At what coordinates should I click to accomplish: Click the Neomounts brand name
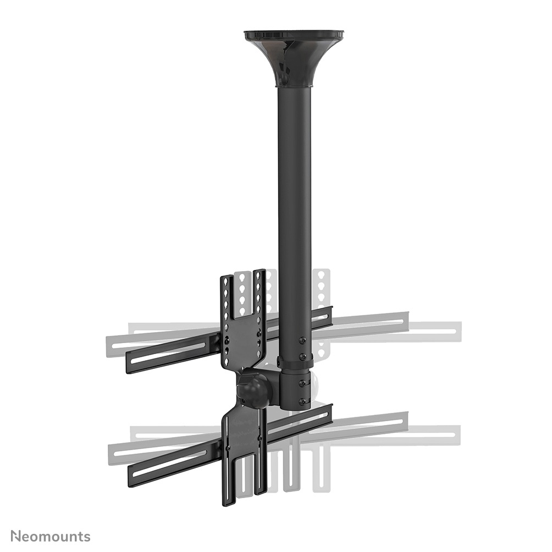point(51,536)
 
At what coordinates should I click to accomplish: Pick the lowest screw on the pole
point(301,402)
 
